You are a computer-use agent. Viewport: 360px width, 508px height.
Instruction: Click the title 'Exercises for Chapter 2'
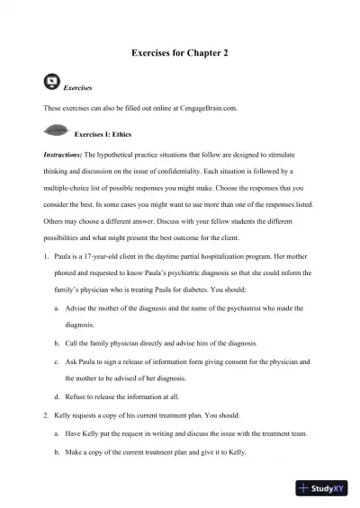180,54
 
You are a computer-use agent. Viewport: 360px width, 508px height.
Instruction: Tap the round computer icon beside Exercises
52,84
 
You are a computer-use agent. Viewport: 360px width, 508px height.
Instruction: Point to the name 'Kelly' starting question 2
66,418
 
